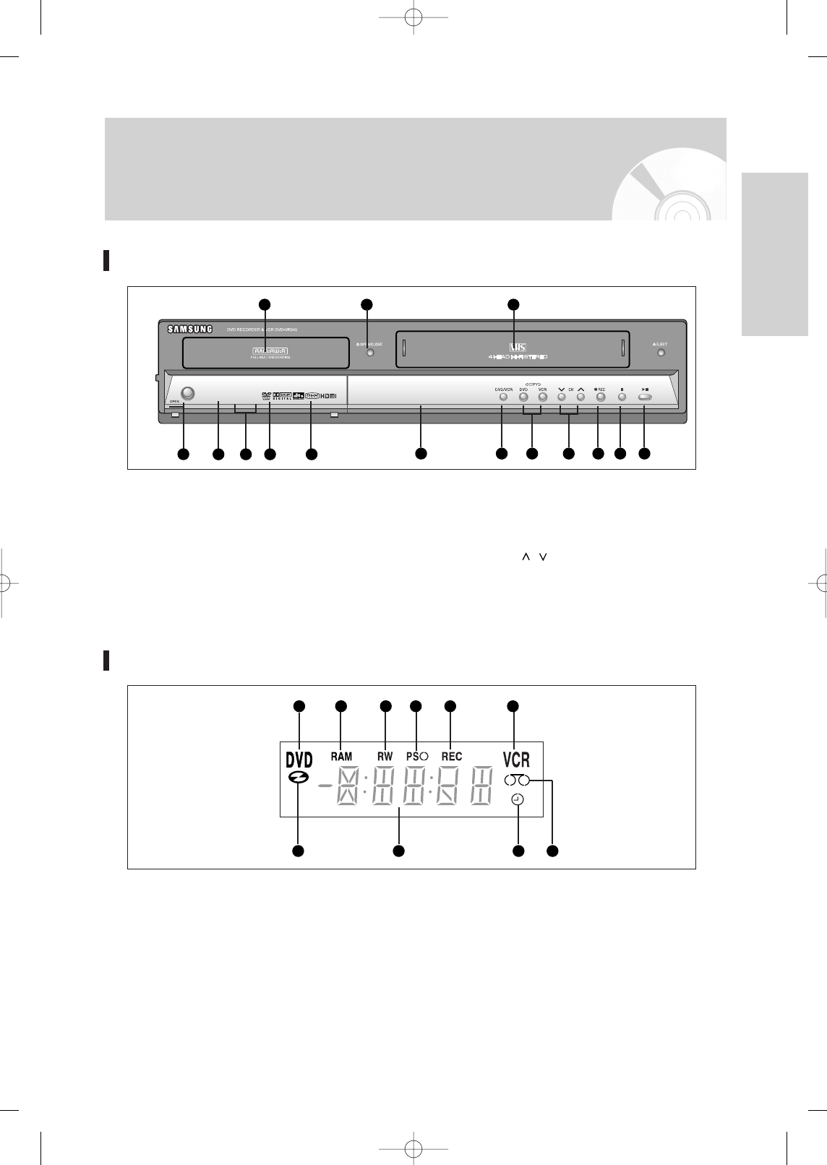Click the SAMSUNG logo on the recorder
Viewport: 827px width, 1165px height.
[x=190, y=329]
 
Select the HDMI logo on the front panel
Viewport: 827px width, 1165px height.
[x=330, y=395]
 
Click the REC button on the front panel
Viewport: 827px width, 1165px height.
[x=600, y=397]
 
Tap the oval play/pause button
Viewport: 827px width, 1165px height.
[x=645, y=397]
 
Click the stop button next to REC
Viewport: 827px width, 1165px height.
[x=621, y=397]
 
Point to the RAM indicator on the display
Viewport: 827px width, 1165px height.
[x=341, y=756]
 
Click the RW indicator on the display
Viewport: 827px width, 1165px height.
[x=385, y=756]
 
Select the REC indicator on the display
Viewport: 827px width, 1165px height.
[x=451, y=756]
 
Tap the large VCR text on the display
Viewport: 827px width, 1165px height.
[x=516, y=760]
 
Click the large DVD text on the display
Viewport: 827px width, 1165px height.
[x=299, y=760]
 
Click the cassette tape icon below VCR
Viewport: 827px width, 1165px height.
[x=517, y=780]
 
